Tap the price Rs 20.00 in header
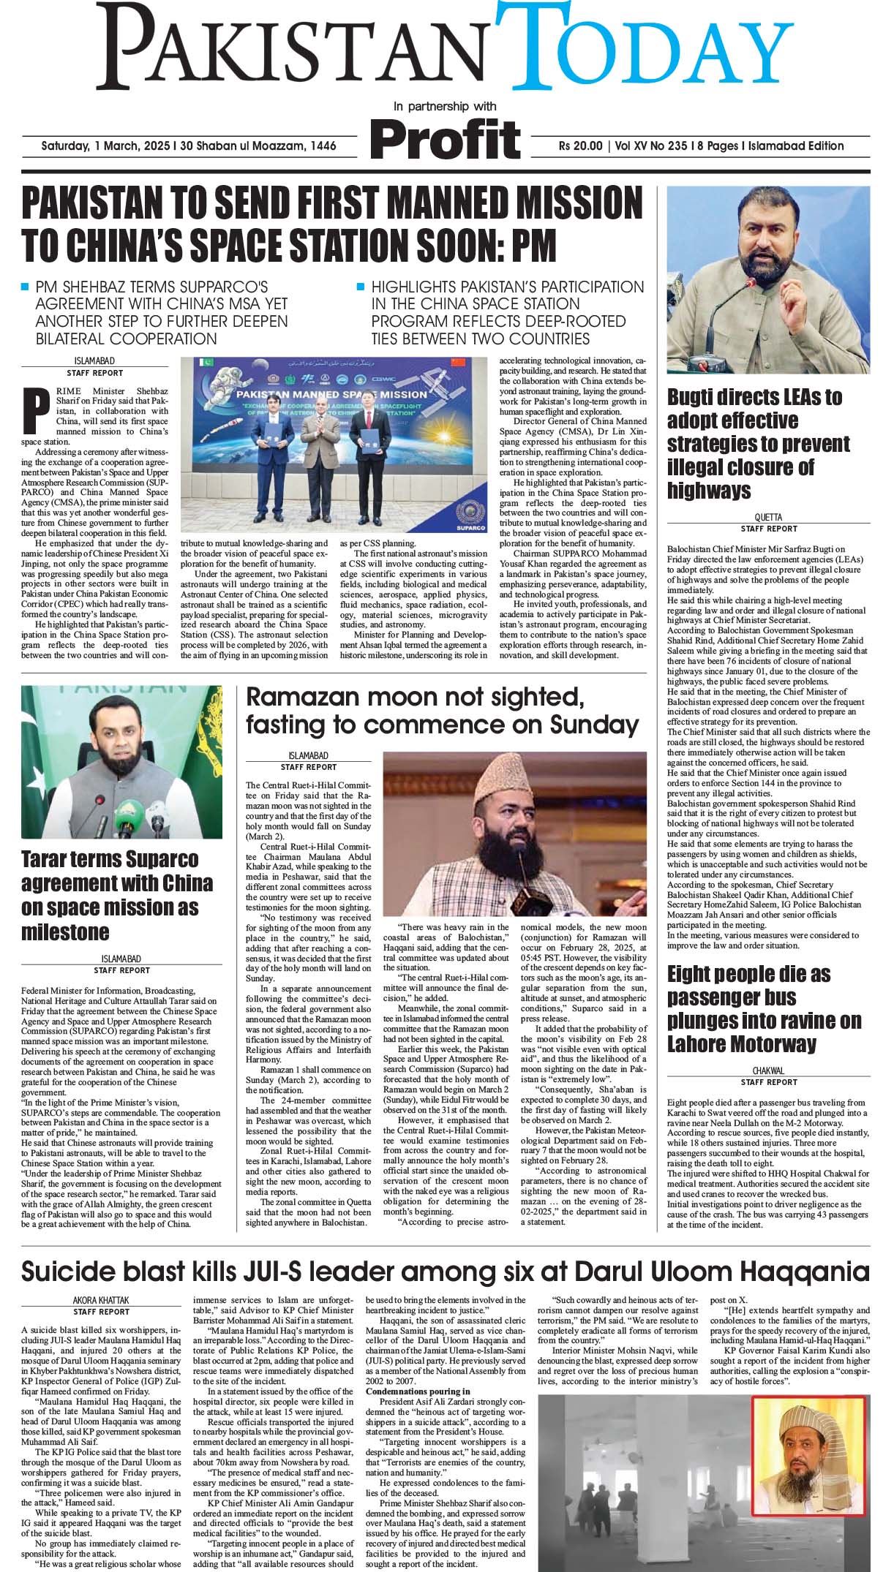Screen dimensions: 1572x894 pos(579,146)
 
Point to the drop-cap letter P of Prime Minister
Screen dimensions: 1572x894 pos(31,412)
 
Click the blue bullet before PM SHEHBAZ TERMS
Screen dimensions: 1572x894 pos(26,287)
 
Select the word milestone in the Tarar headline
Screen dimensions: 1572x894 pos(64,932)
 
